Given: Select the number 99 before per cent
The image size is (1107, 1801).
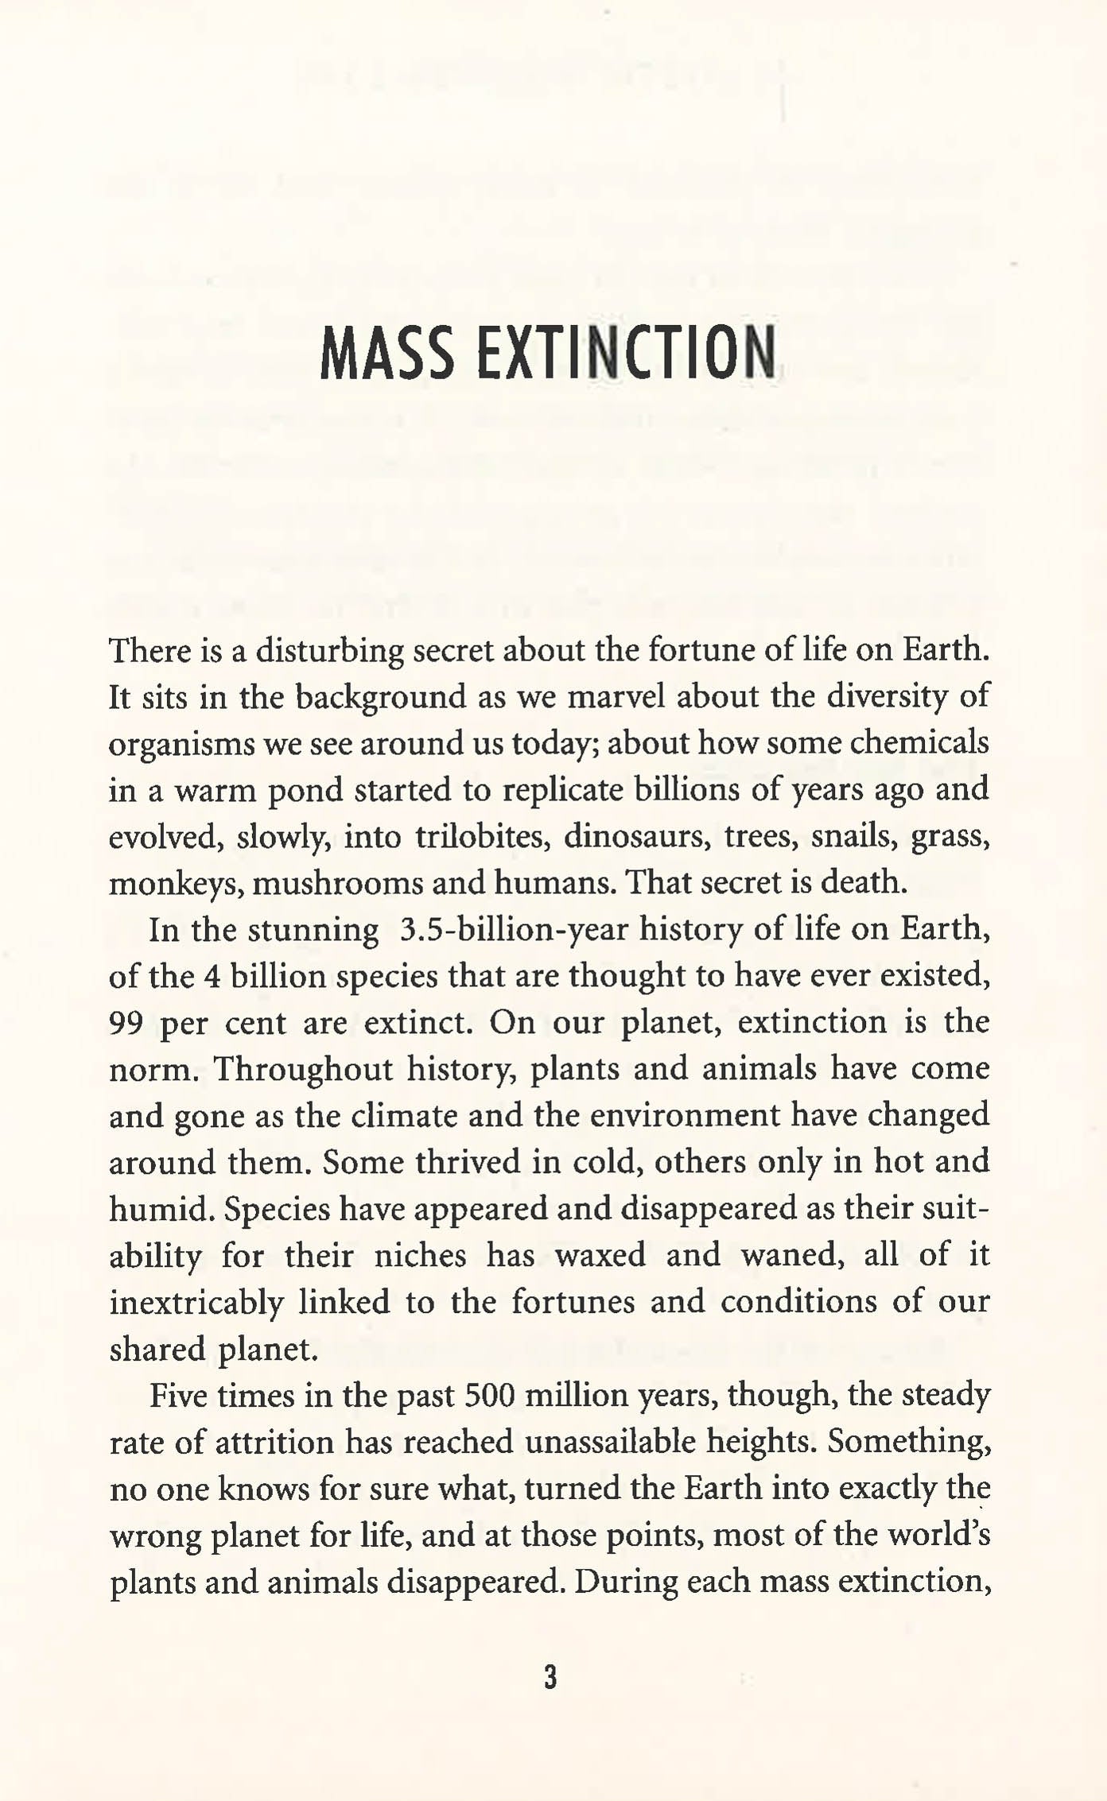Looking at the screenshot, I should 126,1023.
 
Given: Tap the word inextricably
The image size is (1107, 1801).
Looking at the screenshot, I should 196,1302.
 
